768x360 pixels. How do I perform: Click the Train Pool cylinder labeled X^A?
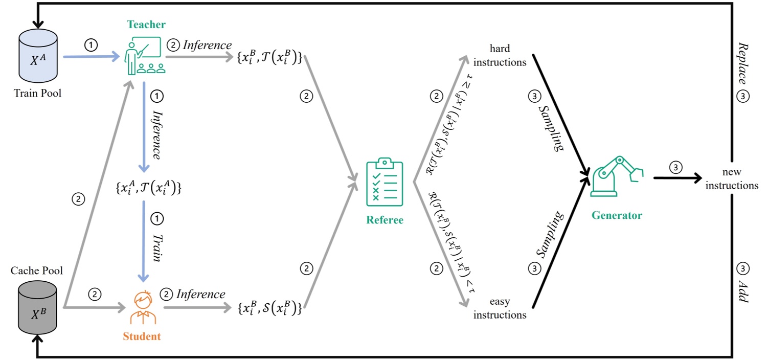click(39, 57)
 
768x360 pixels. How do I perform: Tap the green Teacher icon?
click(143, 56)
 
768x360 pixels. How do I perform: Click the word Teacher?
click(147, 25)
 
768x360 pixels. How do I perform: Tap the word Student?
click(142, 336)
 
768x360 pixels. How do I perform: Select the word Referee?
click(385, 220)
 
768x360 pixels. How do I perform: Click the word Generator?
click(616, 215)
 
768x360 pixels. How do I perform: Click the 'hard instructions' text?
click(500, 55)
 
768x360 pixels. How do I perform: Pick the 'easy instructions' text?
click(500, 308)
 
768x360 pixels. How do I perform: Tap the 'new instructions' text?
click(732, 179)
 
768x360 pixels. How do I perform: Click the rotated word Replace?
click(743, 62)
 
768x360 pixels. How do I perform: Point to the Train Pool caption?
click(39, 93)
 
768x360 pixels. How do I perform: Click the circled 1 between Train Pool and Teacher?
click(91, 46)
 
